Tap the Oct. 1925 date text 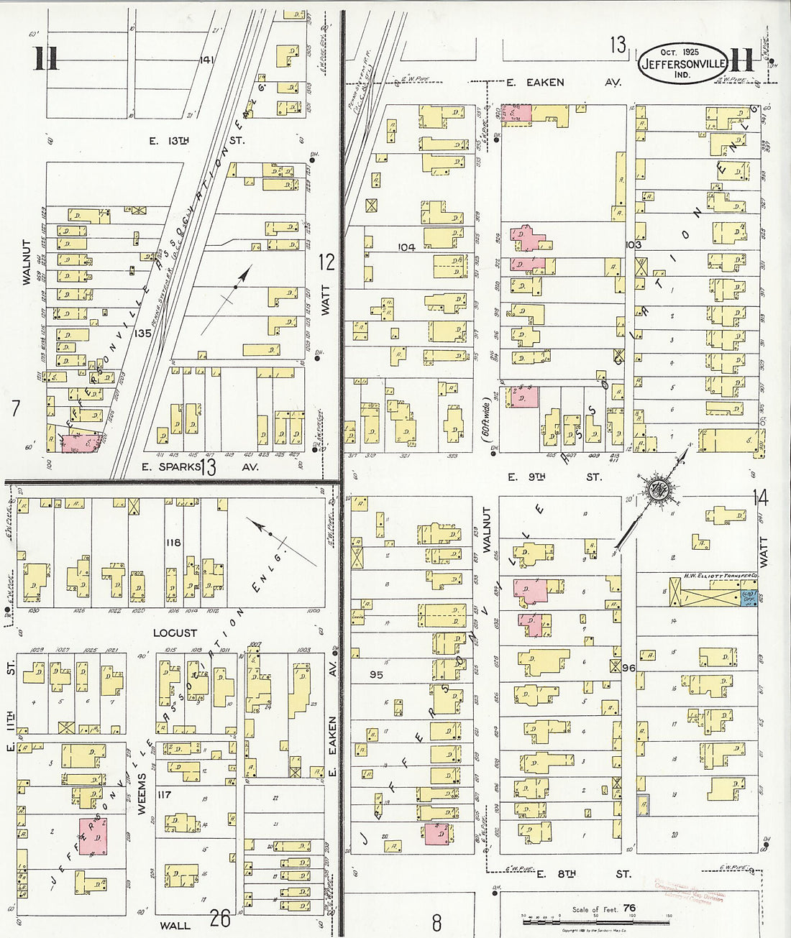pyautogui.click(x=679, y=52)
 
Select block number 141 pyautogui.click(x=209, y=59)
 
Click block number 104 pyautogui.click(x=406, y=247)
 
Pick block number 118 pyautogui.click(x=172, y=543)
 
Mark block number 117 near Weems pyautogui.click(x=165, y=795)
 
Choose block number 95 pyautogui.click(x=375, y=675)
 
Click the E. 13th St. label pyautogui.click(x=196, y=141)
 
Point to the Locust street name pyautogui.click(x=175, y=633)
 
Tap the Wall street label pyautogui.click(x=173, y=925)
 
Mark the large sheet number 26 pyautogui.click(x=219, y=918)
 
